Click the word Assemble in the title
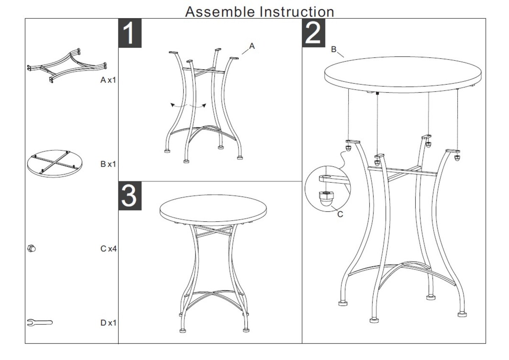pos(220,11)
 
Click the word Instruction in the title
pos(297,11)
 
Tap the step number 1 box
pos(130,33)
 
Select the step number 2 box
pos(313,33)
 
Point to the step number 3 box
pos(130,196)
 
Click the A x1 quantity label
pos(108,80)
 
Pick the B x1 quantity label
pos(108,164)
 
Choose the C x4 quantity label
pos(109,249)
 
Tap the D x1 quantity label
pos(108,323)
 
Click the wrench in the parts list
pos(40,323)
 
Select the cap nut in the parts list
pos(31,248)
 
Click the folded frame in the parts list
pos(67,66)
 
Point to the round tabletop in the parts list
pos(55,164)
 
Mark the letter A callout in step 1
pos(252,46)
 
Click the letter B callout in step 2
pos(333,49)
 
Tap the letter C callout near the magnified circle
pos(340,214)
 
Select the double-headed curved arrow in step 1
pos(188,106)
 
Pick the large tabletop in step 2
pos(403,75)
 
